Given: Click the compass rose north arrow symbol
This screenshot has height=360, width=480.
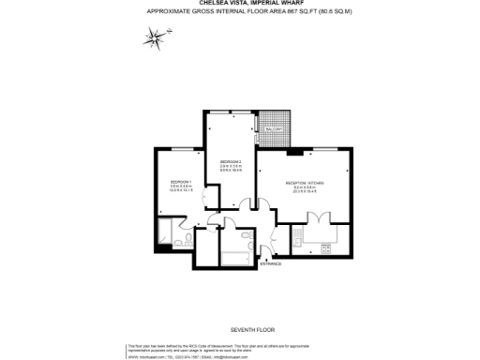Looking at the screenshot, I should (x=154, y=37).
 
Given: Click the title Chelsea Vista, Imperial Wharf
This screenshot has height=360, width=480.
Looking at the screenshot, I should (x=240, y=3).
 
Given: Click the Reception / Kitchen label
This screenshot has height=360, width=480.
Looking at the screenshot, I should (x=304, y=183).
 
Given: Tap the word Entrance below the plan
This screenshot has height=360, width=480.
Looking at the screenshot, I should (x=271, y=264).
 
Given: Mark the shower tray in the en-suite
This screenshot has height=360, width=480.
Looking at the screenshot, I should (x=174, y=232).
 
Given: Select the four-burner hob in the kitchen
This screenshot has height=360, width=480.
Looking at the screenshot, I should (x=326, y=247).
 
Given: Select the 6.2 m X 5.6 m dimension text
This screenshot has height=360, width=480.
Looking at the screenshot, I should (x=304, y=187).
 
